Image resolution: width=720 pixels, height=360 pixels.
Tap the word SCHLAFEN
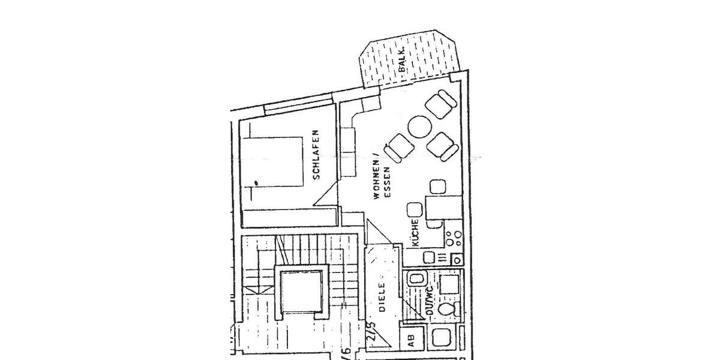coord(316,155)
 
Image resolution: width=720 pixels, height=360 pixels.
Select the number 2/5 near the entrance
coord(372,331)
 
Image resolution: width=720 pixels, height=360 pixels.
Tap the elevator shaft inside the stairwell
coord(301,292)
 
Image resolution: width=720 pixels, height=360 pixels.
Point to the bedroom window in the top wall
coord(298,106)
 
